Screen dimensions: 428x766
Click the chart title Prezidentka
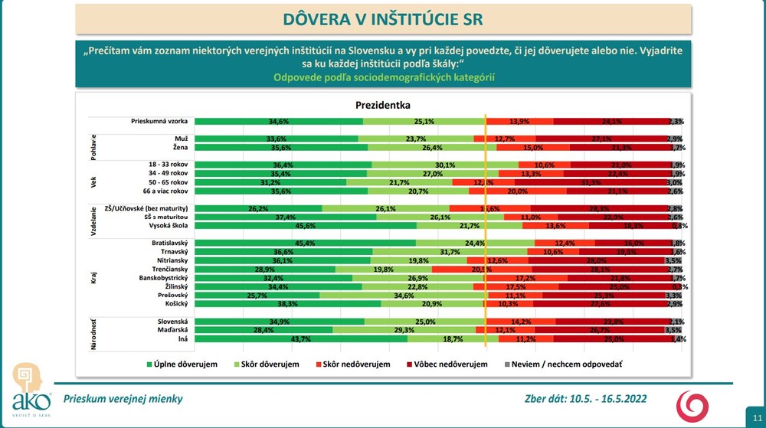pos(383,105)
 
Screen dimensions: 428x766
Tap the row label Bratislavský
pos(169,243)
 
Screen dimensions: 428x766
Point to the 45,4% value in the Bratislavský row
pos(306,243)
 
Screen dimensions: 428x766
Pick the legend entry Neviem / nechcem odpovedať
pos(563,364)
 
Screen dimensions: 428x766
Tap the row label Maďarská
pos(172,330)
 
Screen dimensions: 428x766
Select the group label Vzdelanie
pos(93,217)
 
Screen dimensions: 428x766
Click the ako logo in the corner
pos(31,390)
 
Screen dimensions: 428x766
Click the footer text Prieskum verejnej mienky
pos(123,399)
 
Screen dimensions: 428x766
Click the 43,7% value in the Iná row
pos(301,338)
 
